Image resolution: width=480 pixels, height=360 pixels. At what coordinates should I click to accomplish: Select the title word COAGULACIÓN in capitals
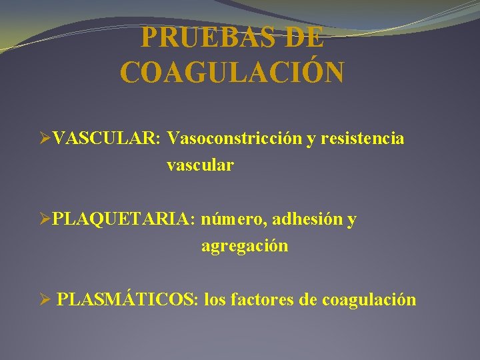click(x=233, y=73)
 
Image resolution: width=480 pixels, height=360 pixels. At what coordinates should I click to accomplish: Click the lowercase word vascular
click(x=200, y=165)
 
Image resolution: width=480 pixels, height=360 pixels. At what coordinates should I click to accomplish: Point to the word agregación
click(x=245, y=246)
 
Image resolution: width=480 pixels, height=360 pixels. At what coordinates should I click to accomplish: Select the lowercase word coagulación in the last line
click(x=369, y=301)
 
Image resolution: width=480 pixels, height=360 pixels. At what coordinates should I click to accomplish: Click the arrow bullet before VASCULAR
click(x=45, y=139)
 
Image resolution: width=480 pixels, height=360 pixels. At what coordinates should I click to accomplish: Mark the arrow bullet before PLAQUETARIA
click(x=45, y=220)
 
